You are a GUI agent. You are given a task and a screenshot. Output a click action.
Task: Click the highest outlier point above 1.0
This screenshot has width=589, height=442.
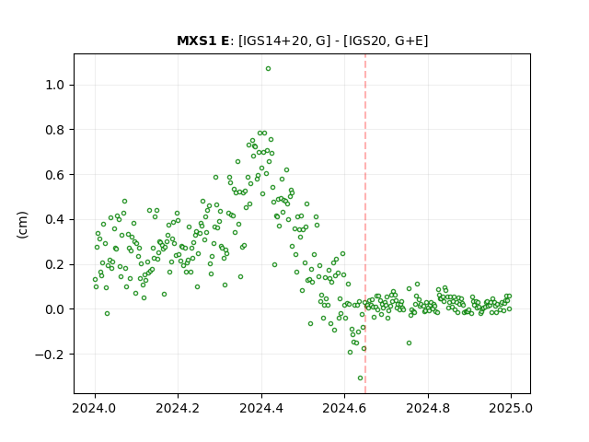[268, 69]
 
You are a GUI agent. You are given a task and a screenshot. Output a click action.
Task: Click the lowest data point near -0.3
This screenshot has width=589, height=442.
[360, 378]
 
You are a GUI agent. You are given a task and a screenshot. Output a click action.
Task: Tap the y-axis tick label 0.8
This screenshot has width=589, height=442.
[55, 130]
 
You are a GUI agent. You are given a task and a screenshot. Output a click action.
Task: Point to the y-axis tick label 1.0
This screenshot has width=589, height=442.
[55, 85]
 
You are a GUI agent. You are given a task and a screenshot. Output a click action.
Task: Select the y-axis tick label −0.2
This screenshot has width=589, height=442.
[50, 355]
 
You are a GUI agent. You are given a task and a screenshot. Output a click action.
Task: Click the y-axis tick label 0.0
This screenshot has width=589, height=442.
[55, 309]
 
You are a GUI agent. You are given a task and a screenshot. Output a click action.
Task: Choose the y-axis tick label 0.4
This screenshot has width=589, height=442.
[55, 219]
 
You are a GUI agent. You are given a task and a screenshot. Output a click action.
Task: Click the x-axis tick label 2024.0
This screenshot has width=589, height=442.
[95, 408]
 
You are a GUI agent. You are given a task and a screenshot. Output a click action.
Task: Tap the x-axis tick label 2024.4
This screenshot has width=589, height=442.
[261, 408]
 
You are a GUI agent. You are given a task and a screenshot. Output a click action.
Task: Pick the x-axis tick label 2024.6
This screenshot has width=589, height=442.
[344, 408]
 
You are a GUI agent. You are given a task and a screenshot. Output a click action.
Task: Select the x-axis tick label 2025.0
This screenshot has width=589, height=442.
[511, 408]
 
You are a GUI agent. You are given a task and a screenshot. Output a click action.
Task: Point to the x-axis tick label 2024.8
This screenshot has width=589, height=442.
[428, 408]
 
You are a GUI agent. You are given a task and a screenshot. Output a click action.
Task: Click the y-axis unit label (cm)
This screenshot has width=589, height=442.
[22, 225]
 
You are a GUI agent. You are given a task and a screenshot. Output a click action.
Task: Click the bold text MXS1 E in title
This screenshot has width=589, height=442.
[202, 41]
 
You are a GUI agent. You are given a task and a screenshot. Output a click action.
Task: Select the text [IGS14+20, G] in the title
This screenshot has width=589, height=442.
[284, 41]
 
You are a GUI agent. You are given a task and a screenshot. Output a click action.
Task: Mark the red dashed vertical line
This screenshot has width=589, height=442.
[365, 224]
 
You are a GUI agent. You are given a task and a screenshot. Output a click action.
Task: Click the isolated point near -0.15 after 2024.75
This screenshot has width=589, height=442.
[409, 343]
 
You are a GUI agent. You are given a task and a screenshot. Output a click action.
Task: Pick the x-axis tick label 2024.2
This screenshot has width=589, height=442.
[178, 408]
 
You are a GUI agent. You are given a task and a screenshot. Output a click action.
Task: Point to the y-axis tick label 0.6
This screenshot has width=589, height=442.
[55, 175]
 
